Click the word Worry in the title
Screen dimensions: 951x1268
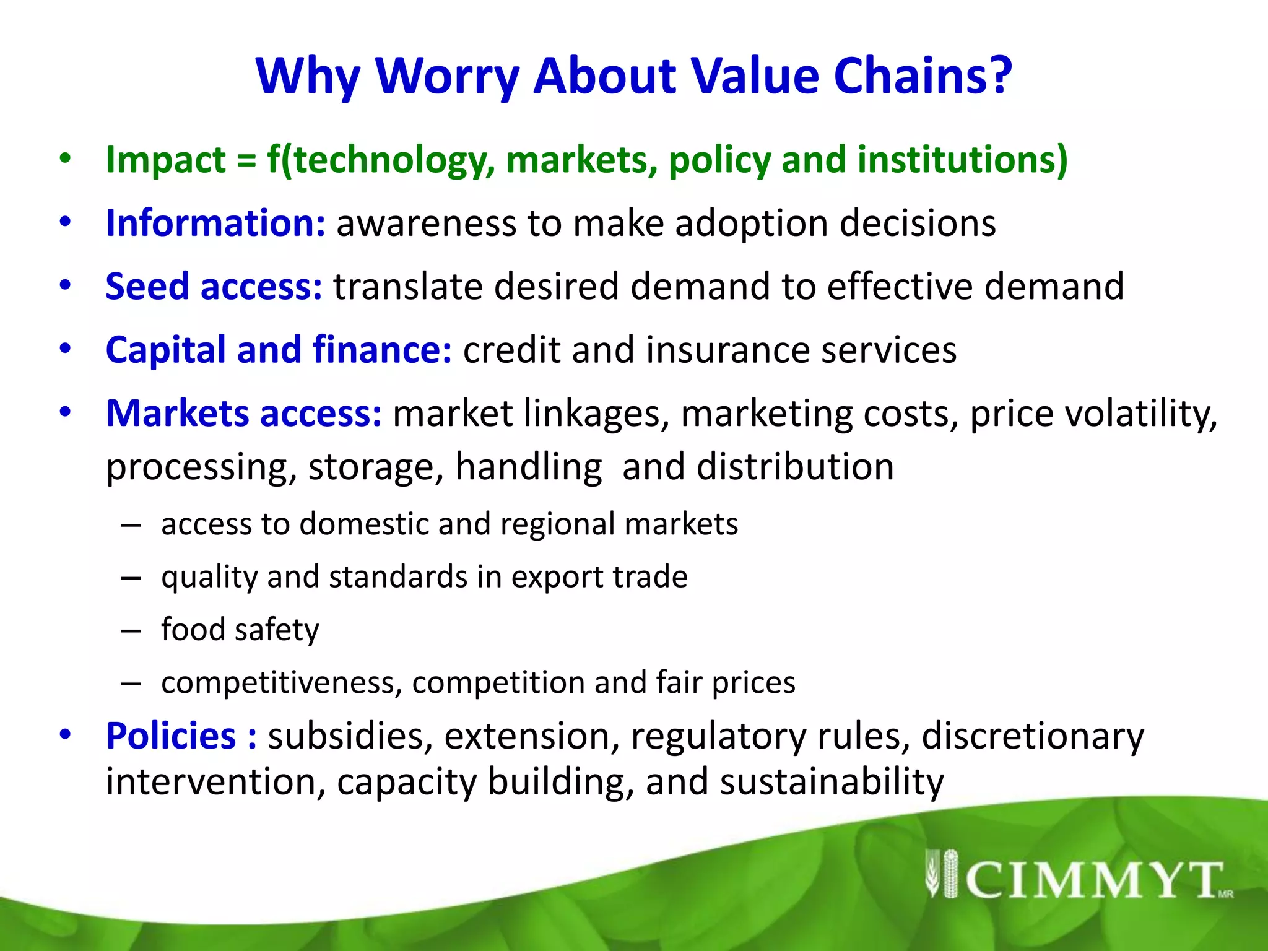tap(447, 77)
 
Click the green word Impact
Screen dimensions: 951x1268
tap(165, 160)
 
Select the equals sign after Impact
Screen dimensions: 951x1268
tap(246, 161)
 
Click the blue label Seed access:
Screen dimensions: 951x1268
tap(214, 287)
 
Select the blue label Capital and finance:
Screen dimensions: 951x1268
tap(279, 350)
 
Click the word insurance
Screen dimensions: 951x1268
tap(727, 350)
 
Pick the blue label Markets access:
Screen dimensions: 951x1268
tap(244, 414)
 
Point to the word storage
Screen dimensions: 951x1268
tap(376, 467)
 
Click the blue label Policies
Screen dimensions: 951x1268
tap(171, 736)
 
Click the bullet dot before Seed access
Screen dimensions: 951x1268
tap(66, 285)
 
